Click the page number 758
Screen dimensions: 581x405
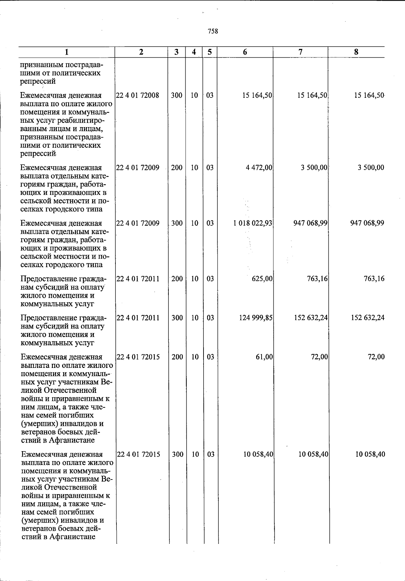coord(213,31)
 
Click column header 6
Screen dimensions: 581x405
coord(245,52)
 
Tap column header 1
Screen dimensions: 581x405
coord(67,52)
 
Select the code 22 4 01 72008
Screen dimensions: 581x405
coord(137,95)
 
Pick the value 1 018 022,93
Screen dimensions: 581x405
coord(253,223)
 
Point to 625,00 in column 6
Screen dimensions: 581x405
coord(262,279)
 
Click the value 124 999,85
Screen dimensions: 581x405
coord(256,318)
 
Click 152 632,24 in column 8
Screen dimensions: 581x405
coord(367,318)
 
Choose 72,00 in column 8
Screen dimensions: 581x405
coord(376,357)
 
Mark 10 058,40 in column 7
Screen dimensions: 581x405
coord(313,454)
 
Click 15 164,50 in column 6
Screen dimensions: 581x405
coord(257,95)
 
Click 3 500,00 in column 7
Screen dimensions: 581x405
coord(314,168)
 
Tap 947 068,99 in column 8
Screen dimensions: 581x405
coord(367,223)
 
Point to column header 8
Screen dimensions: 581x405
coord(356,52)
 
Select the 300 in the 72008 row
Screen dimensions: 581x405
coord(177,95)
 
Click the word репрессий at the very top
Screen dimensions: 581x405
coord(38,81)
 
